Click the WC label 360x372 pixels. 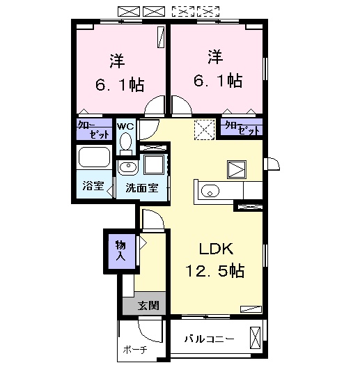[125, 126]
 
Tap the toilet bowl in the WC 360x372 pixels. [125, 143]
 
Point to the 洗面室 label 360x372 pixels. [141, 187]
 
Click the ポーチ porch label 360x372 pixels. [135, 350]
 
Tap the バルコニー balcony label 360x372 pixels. [209, 339]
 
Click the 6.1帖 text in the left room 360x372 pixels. [119, 85]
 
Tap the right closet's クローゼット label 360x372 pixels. [242, 127]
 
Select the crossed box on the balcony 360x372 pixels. [256, 339]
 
